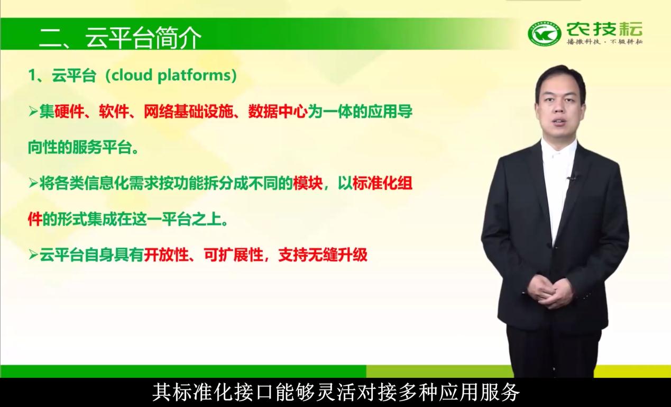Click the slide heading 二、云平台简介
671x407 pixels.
coord(121,38)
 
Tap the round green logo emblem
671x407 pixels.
coord(544,34)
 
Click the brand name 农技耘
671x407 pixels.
coord(604,29)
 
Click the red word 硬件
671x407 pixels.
coord(69,112)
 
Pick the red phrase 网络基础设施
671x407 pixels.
coord(188,112)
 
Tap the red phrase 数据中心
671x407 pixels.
coord(278,112)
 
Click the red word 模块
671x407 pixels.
coord(308,184)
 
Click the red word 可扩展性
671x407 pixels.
coord(233,255)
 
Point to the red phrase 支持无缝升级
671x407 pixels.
coord(323,255)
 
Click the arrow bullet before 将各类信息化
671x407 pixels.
coord(33,183)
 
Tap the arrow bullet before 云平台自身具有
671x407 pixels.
coord(33,255)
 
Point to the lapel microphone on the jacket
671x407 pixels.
coord(571,177)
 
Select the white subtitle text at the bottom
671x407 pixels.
coord(336,392)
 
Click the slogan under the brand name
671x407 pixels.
coord(604,42)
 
